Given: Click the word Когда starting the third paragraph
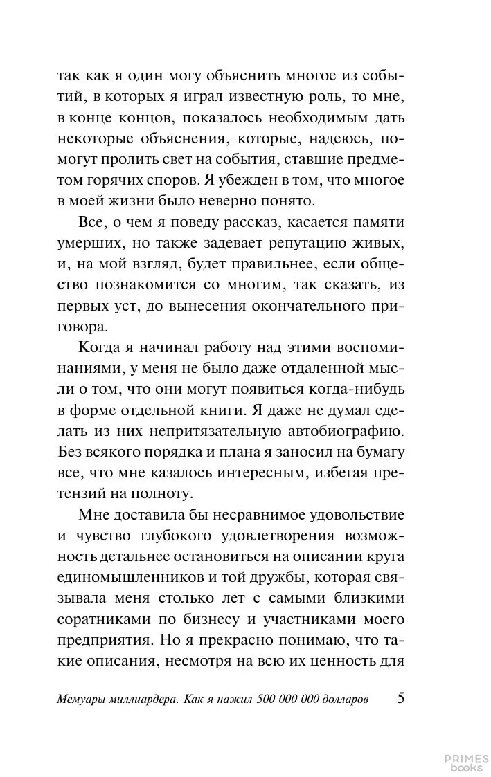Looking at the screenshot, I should click(100, 347).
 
